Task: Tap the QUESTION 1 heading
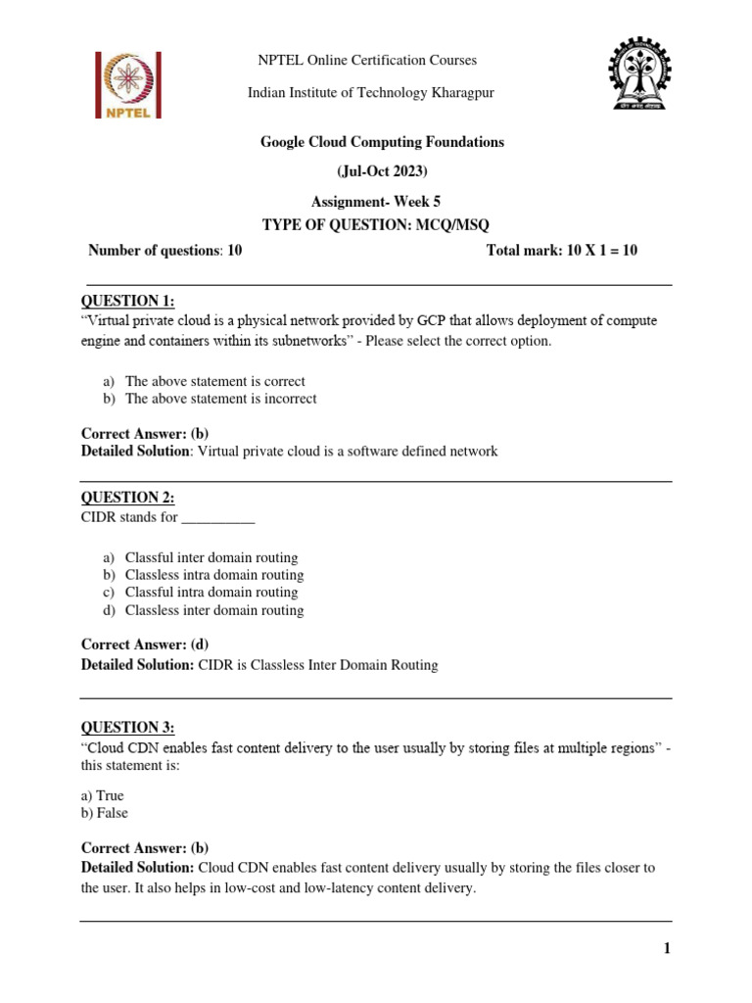pyautogui.click(x=133, y=301)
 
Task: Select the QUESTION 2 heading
pyautogui.click(x=127, y=498)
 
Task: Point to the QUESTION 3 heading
pyautogui.click(x=127, y=727)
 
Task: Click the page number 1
pyautogui.click(x=666, y=948)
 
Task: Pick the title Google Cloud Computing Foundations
pyautogui.click(x=382, y=142)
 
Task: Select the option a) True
pyautogui.click(x=103, y=795)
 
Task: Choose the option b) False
pyautogui.click(x=105, y=813)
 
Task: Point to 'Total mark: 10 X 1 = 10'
pyautogui.click(x=561, y=251)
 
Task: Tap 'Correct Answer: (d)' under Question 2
pyautogui.click(x=145, y=645)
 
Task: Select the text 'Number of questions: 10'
pyautogui.click(x=164, y=251)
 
